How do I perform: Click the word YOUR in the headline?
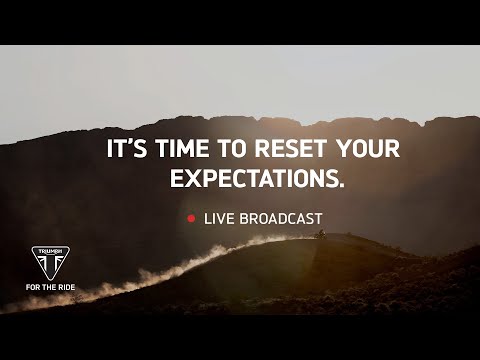(x=368, y=150)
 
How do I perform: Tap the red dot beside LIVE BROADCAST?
(x=190, y=218)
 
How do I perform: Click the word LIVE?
(x=217, y=218)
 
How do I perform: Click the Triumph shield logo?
(x=50, y=263)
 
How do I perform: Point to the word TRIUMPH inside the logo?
(x=50, y=251)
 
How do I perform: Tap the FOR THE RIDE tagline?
(x=50, y=288)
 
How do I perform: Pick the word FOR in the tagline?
(x=33, y=288)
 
